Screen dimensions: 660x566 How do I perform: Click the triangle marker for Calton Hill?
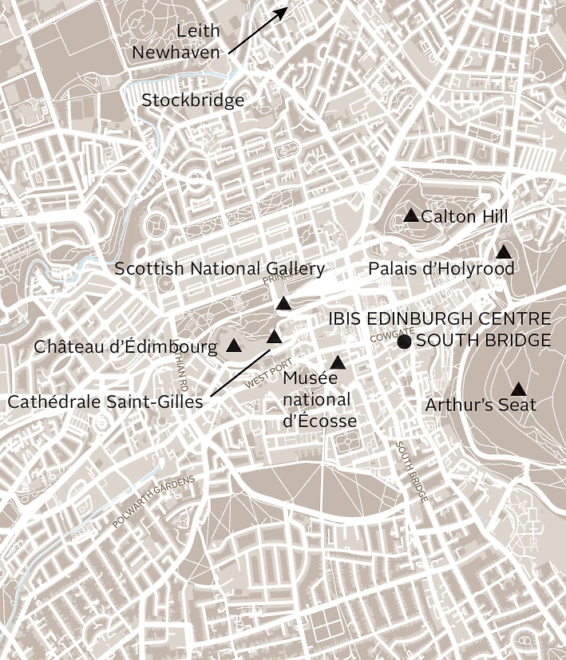pos(411,215)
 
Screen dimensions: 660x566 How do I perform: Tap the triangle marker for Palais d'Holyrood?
pos(504,252)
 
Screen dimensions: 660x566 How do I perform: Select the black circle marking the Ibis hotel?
pos(404,342)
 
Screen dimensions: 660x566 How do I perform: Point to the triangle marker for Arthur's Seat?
pos(518,389)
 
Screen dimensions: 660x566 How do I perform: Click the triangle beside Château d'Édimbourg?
pos(234,346)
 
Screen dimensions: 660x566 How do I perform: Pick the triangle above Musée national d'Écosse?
pos(338,363)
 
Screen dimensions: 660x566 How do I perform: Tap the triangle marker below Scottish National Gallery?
pos(283,303)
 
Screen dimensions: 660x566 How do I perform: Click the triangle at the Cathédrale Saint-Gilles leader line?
pos(275,337)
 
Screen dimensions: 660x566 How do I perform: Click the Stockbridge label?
pos(193,101)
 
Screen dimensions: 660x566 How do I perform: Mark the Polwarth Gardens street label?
pos(153,501)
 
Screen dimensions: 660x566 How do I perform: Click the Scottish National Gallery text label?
pos(220,269)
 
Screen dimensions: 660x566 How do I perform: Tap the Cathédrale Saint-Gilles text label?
pos(105,401)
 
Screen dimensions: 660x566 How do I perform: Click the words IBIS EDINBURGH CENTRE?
pos(439,319)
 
